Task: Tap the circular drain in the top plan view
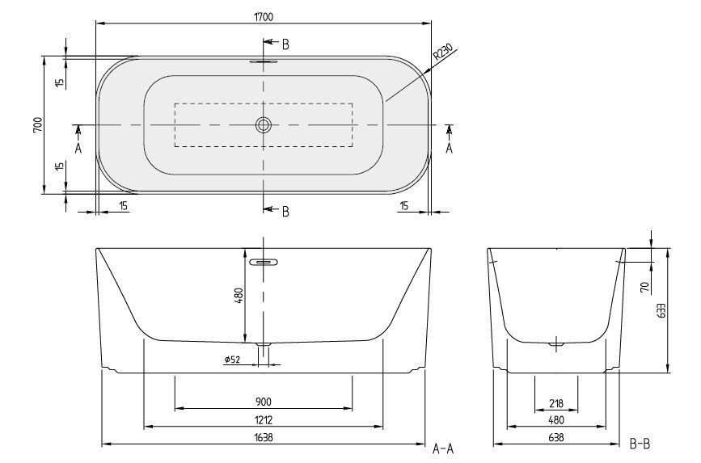tap(264, 125)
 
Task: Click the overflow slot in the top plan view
tap(264, 61)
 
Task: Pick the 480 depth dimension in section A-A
tap(239, 296)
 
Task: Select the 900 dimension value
tap(263, 402)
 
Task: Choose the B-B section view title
tap(639, 444)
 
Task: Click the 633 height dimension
tap(661, 311)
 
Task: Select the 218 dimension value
tap(555, 403)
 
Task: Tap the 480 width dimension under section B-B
tap(555, 420)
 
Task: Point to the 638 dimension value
tap(555, 438)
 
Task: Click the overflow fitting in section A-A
tap(264, 262)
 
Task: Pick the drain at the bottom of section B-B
tap(555, 346)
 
